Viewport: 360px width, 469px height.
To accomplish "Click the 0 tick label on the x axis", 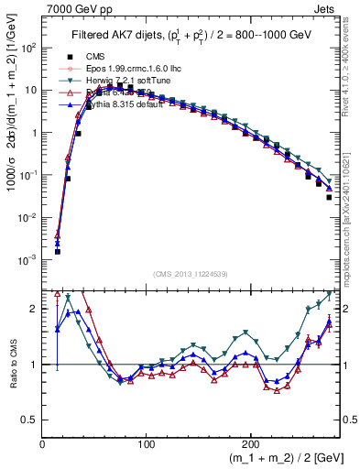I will [43, 442].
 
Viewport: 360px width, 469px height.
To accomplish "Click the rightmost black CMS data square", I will [329, 197].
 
